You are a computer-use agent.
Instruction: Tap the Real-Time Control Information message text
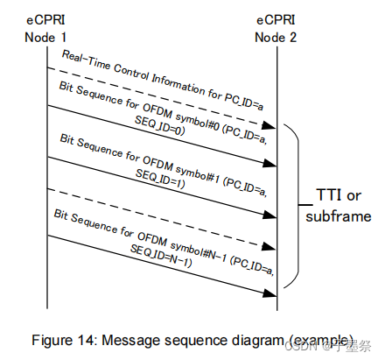pyautogui.click(x=166, y=76)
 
